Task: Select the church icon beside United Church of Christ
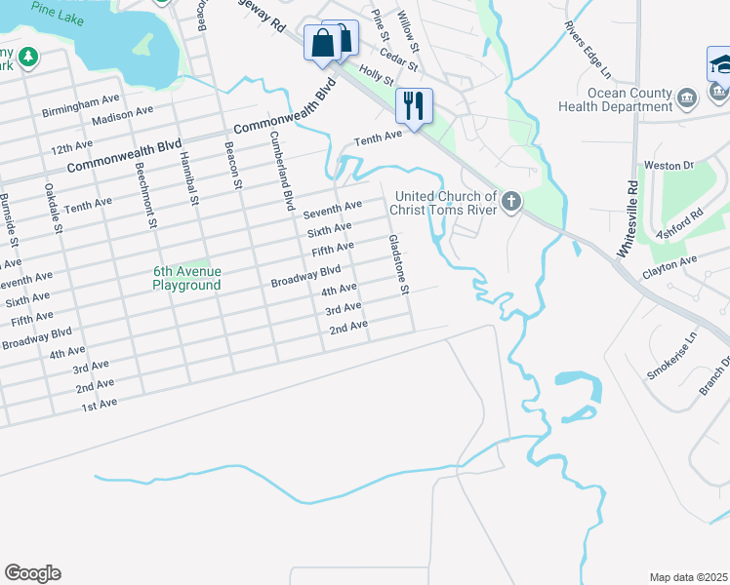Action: [x=511, y=202]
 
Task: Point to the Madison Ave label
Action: [x=122, y=116]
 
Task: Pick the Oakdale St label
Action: [x=52, y=209]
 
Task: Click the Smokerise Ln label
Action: [x=673, y=358]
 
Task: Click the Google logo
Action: [x=32, y=573]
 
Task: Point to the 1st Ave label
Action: [x=99, y=404]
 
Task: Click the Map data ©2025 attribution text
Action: [x=689, y=577]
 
